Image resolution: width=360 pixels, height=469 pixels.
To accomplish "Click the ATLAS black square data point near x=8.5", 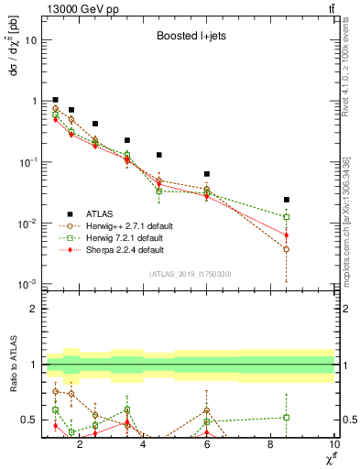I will [287, 200].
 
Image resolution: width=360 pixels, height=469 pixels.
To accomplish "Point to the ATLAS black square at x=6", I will [207, 174].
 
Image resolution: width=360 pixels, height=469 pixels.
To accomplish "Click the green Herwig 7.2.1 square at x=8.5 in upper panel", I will [287, 217].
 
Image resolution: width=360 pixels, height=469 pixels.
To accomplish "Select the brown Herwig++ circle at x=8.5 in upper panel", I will [287, 249].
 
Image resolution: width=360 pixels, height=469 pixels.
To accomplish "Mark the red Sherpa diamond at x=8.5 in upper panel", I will [287, 234].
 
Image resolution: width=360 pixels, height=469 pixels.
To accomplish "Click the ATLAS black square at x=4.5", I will [159, 155].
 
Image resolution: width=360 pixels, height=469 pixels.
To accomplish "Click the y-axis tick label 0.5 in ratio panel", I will [29, 420].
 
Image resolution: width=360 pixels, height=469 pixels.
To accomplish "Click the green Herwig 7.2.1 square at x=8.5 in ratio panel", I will [287, 418].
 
